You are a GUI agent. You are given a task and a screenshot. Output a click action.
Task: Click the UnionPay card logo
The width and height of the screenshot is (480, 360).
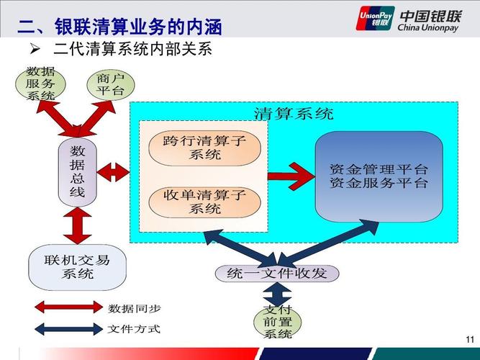coord(374,18)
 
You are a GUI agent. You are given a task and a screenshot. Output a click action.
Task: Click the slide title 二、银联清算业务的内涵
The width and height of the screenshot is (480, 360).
coord(119,28)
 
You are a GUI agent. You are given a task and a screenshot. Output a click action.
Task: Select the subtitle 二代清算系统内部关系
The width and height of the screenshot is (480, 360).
coord(132,51)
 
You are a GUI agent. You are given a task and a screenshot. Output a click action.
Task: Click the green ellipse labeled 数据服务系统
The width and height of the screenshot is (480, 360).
coord(41,84)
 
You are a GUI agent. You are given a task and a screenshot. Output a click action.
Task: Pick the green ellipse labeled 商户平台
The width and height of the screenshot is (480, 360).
coord(109,84)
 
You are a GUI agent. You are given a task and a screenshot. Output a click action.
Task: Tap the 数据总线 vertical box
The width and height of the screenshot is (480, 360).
coord(77,171)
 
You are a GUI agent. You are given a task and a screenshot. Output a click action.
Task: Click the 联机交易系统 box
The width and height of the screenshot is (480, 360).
coord(77,266)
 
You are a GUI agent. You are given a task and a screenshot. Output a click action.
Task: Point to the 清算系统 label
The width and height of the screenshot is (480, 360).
coord(294,114)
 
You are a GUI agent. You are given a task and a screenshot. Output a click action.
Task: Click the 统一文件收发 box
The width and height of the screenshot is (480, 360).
coord(276,273)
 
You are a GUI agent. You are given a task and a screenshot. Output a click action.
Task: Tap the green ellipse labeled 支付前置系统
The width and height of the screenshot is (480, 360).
coord(277,323)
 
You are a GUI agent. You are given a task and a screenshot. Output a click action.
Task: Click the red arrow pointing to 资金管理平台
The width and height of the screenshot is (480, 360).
coord(291,174)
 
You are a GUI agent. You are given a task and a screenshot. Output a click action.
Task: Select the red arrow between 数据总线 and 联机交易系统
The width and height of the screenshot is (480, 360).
coord(77,226)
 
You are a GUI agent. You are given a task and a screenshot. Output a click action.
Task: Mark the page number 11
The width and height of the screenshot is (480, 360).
coord(470,339)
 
